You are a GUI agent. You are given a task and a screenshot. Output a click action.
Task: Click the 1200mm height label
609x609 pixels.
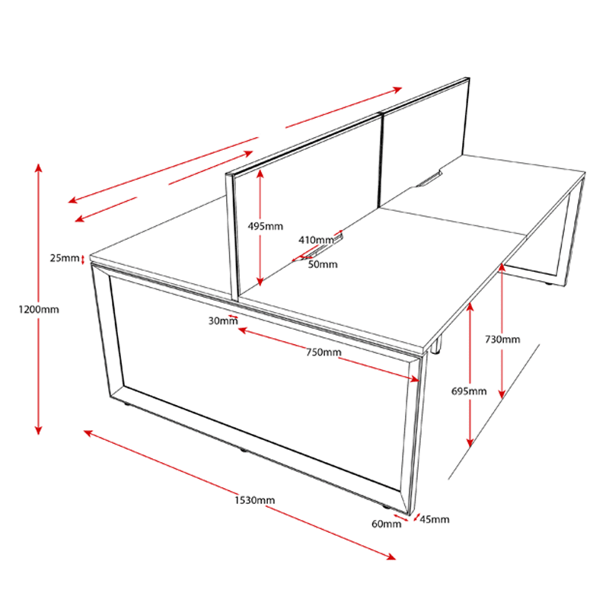(39, 310)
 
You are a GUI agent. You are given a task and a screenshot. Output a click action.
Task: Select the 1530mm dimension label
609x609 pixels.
(254, 500)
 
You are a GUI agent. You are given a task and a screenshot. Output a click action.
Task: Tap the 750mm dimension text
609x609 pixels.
(324, 352)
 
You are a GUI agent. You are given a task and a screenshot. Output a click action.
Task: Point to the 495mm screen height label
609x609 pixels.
(265, 226)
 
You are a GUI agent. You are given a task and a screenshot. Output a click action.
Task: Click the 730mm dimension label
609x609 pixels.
(502, 340)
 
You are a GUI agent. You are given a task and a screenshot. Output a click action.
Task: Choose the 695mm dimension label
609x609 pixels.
(469, 391)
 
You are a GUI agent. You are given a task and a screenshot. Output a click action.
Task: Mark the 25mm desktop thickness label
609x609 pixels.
(65, 258)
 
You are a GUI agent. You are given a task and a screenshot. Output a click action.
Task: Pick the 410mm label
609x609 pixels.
(316, 240)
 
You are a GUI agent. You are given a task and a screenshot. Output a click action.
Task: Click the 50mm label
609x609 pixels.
(323, 264)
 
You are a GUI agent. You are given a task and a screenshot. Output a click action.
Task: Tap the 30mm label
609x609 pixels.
(223, 320)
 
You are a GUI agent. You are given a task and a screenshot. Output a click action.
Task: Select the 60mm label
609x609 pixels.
(387, 524)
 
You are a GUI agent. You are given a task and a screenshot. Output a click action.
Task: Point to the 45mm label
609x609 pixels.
(435, 519)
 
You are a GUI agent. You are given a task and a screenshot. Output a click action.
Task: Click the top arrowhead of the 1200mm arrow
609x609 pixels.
(39, 167)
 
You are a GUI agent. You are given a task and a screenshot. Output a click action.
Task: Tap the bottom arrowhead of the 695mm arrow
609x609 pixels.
(470, 442)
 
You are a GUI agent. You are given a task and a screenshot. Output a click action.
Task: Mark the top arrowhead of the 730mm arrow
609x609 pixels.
(502, 267)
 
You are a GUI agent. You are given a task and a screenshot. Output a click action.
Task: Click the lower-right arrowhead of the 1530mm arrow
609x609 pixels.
(391, 557)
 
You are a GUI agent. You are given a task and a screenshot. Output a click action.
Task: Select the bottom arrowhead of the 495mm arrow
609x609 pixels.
(260, 282)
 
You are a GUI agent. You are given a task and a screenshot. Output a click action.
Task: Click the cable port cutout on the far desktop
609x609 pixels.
(429, 179)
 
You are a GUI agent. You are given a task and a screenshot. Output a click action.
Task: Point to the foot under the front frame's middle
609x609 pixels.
(243, 450)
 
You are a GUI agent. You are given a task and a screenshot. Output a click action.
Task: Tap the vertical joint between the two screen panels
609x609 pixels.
(381, 159)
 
